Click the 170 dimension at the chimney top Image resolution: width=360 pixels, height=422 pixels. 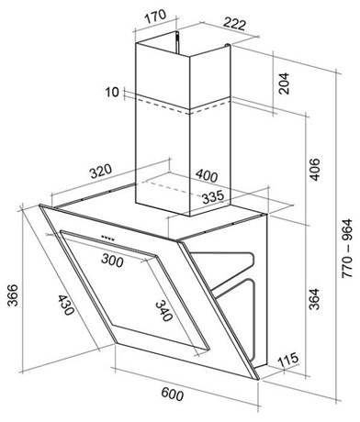pyautogui.click(x=155, y=17)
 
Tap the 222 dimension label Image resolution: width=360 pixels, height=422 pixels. pyautogui.click(x=234, y=24)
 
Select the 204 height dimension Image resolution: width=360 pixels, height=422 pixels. pyautogui.click(x=283, y=83)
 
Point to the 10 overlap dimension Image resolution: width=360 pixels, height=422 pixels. pyautogui.click(x=112, y=92)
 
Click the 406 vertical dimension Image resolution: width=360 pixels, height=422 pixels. pyautogui.click(x=314, y=170)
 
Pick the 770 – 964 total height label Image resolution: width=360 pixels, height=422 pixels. pyautogui.click(x=347, y=249)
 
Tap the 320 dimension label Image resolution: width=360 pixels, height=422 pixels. pyautogui.click(x=101, y=172)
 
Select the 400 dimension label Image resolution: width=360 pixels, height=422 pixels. pyautogui.click(x=207, y=175)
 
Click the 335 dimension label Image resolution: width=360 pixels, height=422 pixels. pyautogui.click(x=213, y=197)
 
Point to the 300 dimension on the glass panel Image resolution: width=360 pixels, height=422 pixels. pyautogui.click(x=112, y=260)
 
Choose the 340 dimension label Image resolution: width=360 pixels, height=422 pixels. pyautogui.click(x=163, y=311)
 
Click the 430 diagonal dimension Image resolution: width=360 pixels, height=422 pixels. pyautogui.click(x=65, y=305)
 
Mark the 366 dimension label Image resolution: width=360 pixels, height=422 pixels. pyautogui.click(x=13, y=295)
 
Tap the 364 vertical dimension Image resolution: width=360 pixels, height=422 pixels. pyautogui.click(x=314, y=299)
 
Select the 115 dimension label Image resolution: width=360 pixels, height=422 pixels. pyautogui.click(x=287, y=360)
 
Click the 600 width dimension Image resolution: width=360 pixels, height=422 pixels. pyautogui.click(x=173, y=394)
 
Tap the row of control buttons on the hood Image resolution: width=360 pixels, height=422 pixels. pyautogui.click(x=108, y=238)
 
